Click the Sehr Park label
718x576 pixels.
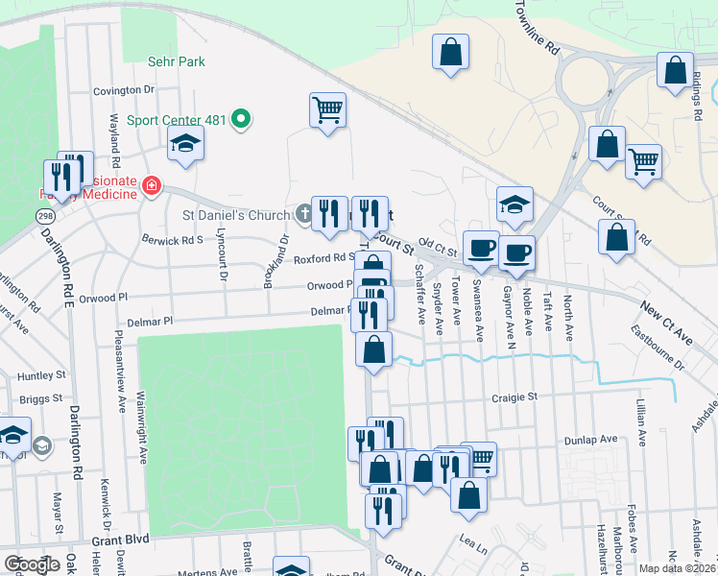coord(177,61)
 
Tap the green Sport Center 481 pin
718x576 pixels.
coord(241,120)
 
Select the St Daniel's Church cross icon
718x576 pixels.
coord(303,214)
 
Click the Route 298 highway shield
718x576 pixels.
coord(44,218)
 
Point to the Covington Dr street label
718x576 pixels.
coord(124,90)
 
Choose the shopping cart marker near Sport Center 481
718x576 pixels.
coord(327,110)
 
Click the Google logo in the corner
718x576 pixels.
coord(32,564)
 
